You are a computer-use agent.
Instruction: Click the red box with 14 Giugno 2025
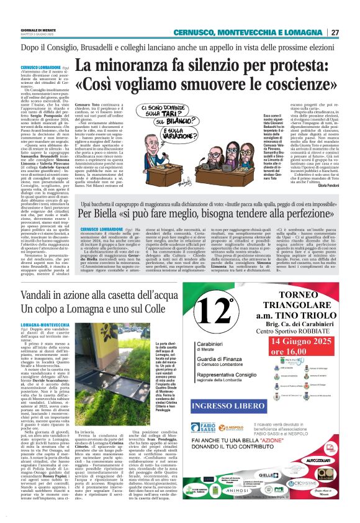300,344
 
